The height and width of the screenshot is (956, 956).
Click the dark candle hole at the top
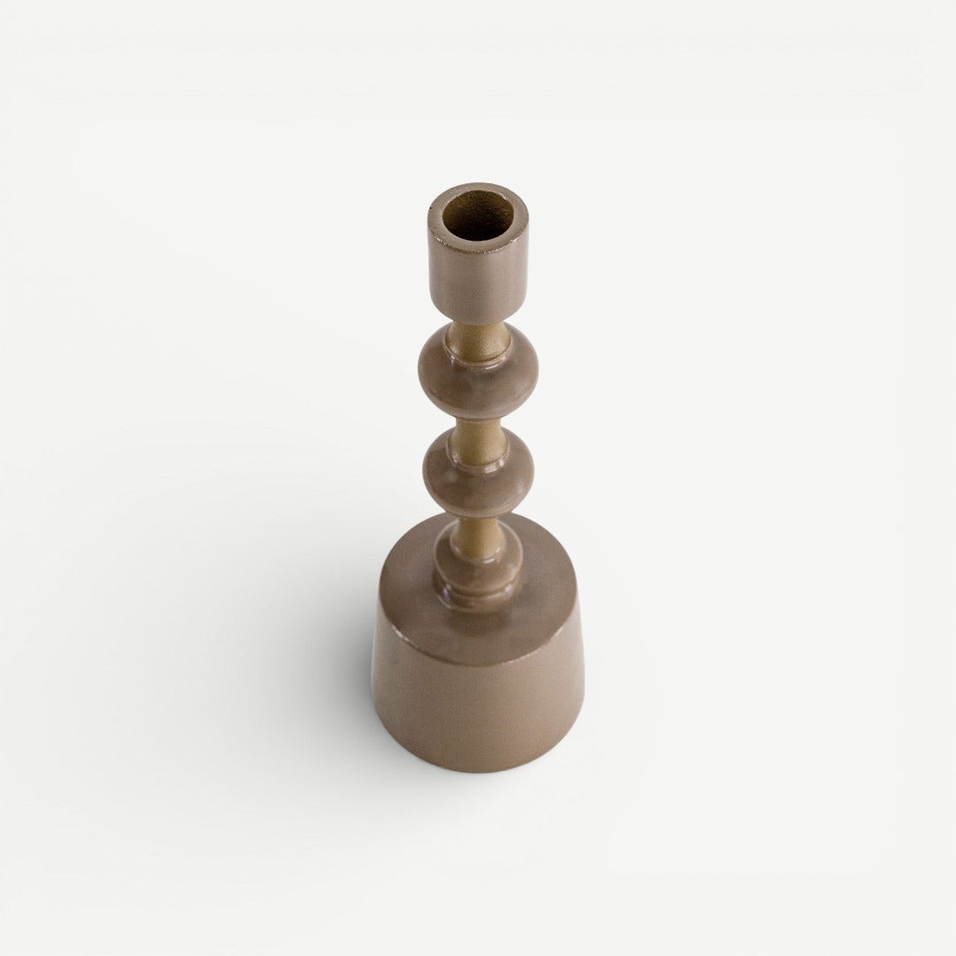(478, 217)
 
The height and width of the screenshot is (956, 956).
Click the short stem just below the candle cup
(477, 332)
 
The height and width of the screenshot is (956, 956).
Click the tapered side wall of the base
(478, 699)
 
